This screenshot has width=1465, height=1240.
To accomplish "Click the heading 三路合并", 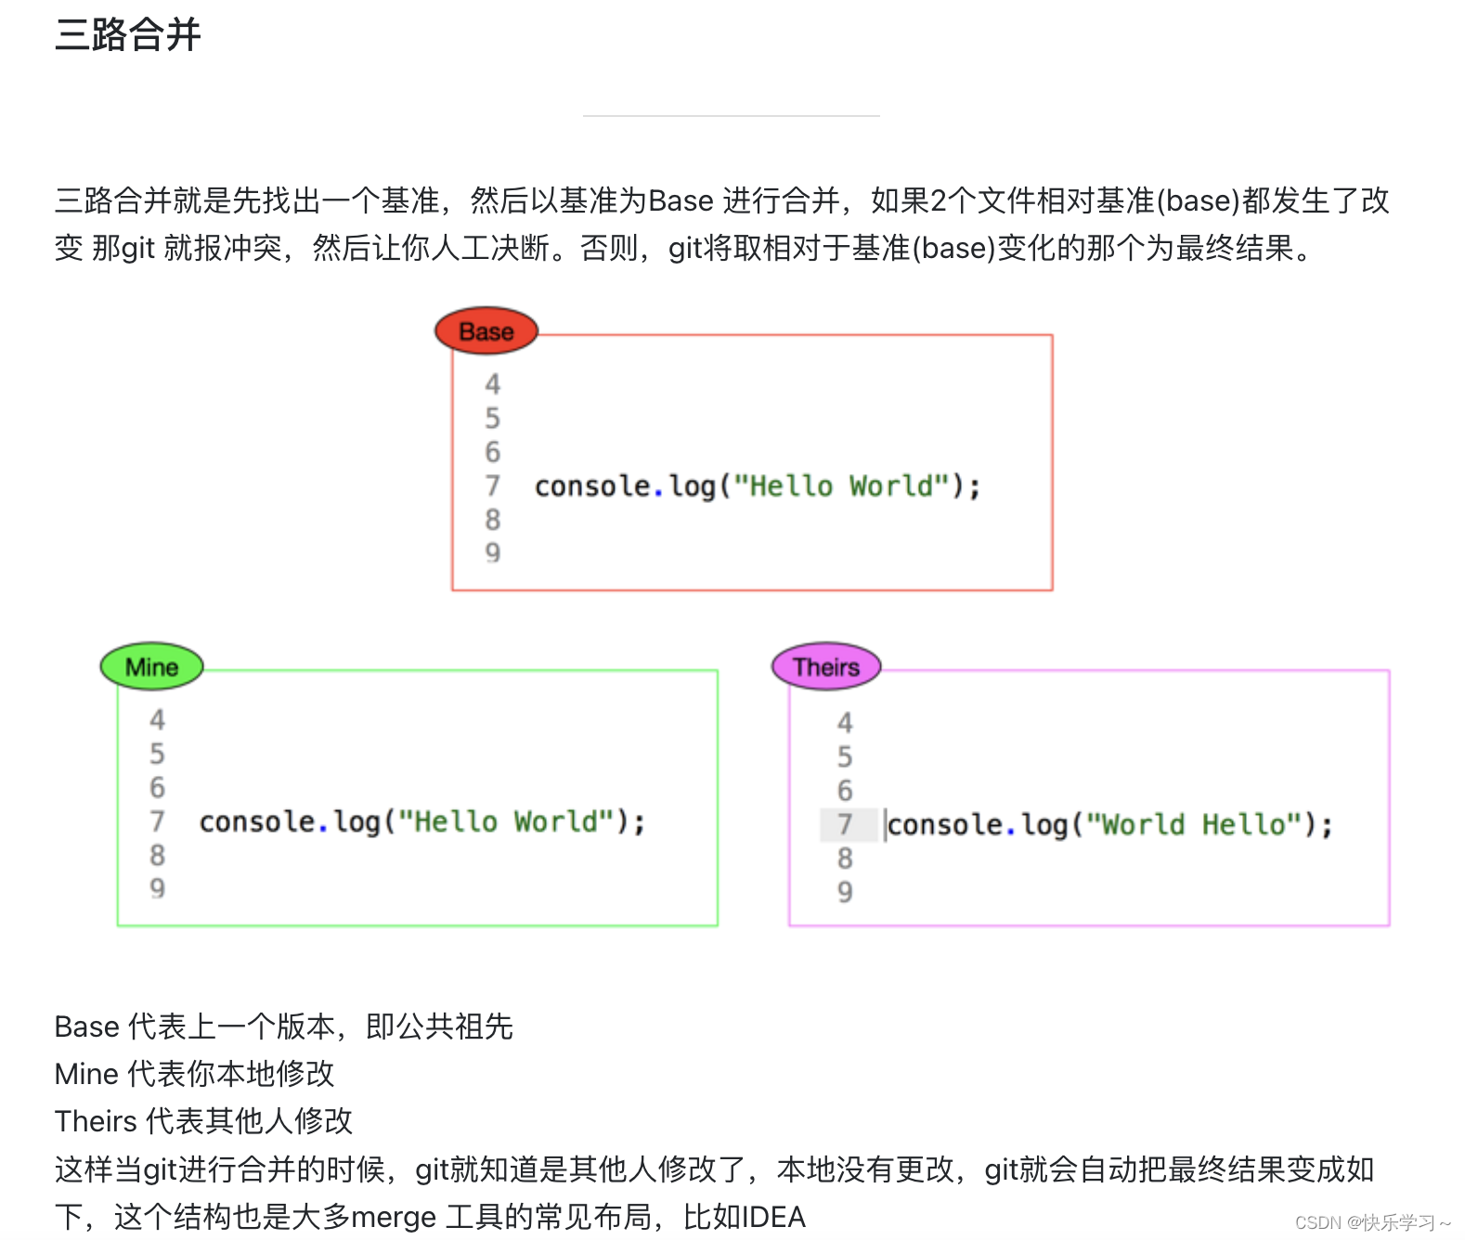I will [x=128, y=35].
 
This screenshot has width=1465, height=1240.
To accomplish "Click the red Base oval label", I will [x=486, y=331].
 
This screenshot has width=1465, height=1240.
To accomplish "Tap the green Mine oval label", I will [x=151, y=666].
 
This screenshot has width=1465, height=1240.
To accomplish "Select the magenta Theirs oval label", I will [x=826, y=666].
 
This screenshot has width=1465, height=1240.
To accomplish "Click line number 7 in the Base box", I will [x=492, y=485].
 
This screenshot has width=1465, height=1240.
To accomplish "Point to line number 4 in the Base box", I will [x=492, y=384].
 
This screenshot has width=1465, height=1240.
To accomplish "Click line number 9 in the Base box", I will [x=492, y=553].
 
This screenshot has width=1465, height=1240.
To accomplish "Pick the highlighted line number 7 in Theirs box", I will [x=845, y=824].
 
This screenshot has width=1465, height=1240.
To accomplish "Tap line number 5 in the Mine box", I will [x=157, y=754].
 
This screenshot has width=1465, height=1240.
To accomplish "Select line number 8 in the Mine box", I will [x=157, y=855].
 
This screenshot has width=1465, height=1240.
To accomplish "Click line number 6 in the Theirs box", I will [x=845, y=791].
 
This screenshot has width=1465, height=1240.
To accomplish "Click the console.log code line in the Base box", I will [x=757, y=485].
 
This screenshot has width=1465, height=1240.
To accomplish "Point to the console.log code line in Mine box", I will [x=421, y=821].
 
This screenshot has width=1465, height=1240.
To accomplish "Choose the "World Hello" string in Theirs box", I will [x=1193, y=824].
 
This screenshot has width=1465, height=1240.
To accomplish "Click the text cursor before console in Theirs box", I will [x=886, y=824].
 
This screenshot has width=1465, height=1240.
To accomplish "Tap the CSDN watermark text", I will [x=1371, y=1222].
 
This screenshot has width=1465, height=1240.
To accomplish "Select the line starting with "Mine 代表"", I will [x=194, y=1074].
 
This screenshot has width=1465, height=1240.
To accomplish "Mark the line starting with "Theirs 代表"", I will [x=203, y=1121].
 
